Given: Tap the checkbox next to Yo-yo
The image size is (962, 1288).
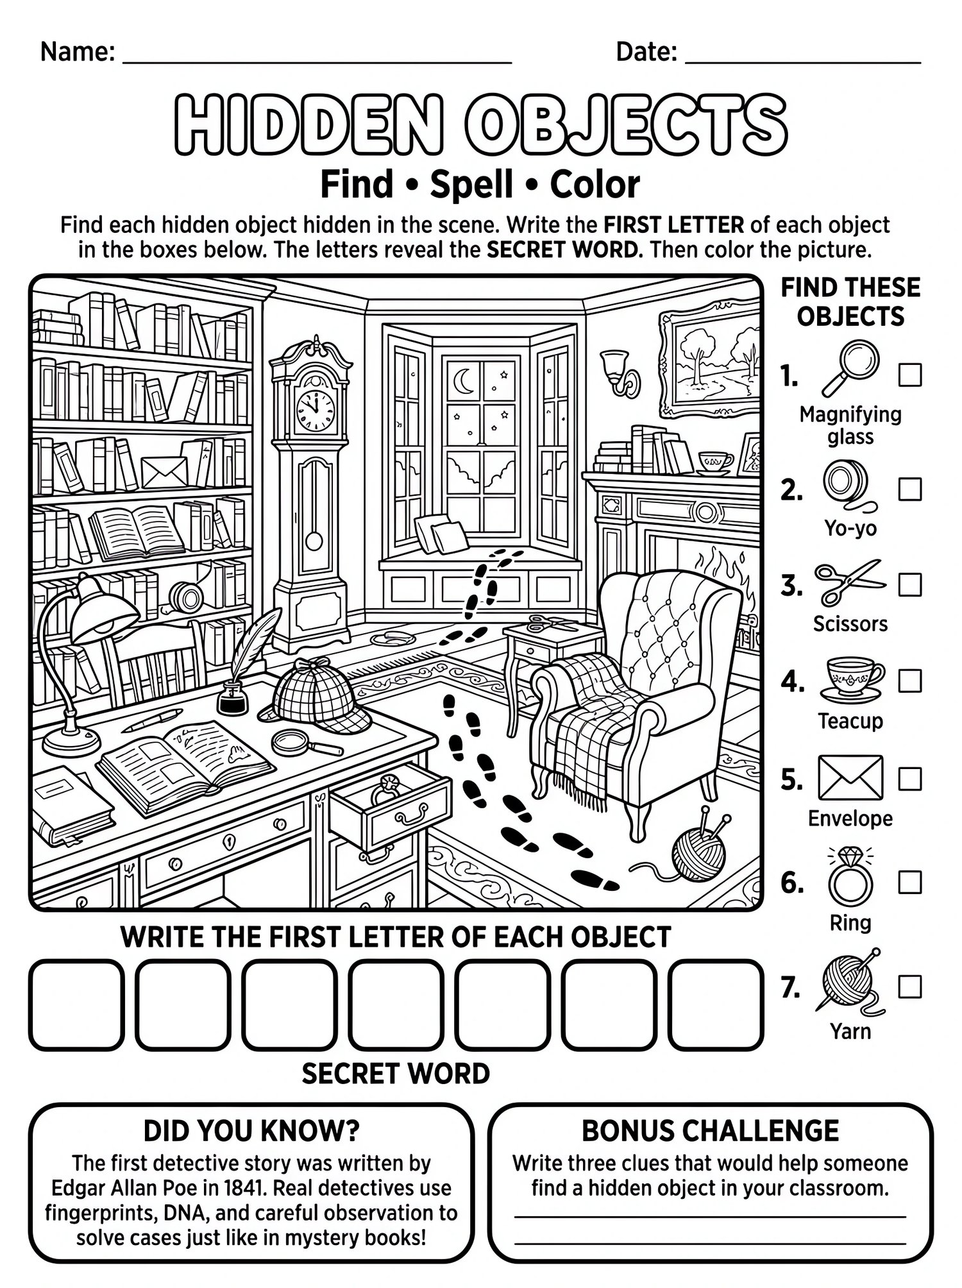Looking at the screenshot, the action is pyautogui.click(x=909, y=489).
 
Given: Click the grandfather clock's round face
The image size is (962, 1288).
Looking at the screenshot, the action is pyautogui.click(x=314, y=409).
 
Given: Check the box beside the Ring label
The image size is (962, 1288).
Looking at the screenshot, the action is pyautogui.click(x=909, y=883).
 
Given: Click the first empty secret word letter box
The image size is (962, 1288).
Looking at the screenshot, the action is pyautogui.click(x=76, y=1004).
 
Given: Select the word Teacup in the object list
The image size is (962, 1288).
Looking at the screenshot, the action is pyautogui.click(x=850, y=721).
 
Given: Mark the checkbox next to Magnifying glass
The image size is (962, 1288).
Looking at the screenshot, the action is pyautogui.click(x=909, y=375).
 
